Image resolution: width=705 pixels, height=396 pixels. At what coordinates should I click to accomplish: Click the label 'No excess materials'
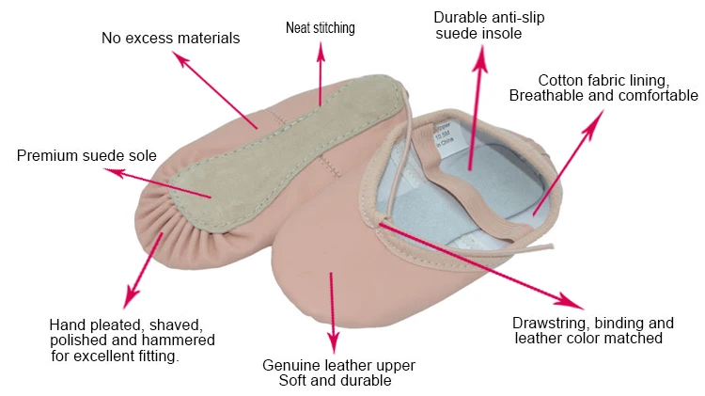tap(170, 39)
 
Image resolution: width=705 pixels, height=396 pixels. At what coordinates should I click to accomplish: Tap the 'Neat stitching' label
tap(320, 28)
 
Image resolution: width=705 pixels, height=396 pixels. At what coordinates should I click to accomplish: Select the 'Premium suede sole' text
tap(86, 155)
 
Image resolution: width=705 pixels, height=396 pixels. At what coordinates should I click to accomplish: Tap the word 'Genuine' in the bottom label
tap(290, 365)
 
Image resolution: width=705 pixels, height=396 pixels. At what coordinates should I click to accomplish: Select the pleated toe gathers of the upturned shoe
tap(160, 221)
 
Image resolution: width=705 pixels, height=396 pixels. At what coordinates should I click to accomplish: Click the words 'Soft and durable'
tap(335, 381)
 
